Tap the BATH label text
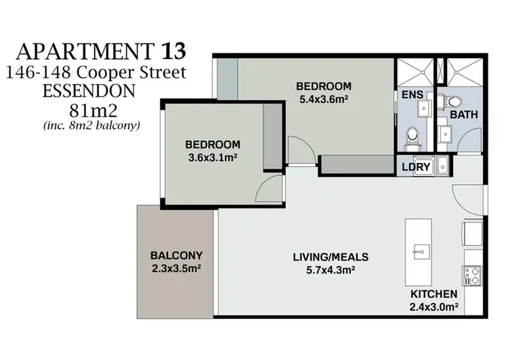point(464,115)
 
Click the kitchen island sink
point(417,252)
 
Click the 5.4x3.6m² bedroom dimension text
point(324,99)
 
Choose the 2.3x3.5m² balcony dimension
point(176,268)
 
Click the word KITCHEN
point(434,294)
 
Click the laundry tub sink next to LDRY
point(443,165)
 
